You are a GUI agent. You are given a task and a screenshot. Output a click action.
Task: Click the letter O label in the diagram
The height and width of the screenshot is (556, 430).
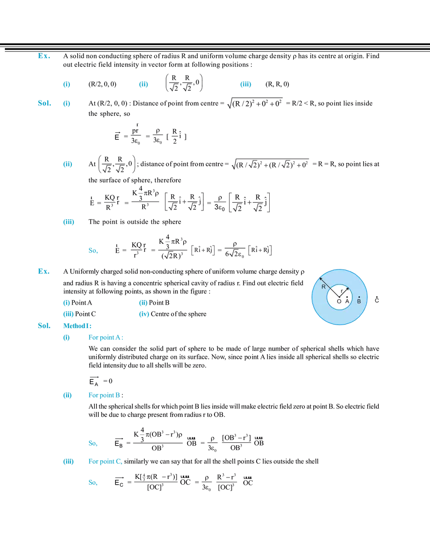[x=339, y=302]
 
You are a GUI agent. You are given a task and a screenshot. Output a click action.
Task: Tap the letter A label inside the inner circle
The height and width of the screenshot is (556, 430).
[x=347, y=302]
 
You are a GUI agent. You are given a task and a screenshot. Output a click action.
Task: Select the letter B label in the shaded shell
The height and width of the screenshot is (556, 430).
[x=359, y=302]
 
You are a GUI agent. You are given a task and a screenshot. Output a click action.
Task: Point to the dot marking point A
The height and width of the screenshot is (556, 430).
[x=347, y=296]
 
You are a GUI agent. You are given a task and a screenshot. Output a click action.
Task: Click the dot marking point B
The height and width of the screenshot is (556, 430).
[x=359, y=297]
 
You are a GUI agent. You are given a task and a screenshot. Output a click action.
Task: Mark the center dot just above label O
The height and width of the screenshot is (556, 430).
[x=339, y=297]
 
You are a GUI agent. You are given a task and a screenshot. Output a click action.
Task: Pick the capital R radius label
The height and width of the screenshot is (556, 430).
[x=323, y=287]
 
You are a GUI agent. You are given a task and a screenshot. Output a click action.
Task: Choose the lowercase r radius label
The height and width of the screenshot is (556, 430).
[x=342, y=291]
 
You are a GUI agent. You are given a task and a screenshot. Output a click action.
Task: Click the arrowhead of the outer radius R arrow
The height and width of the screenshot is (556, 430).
[x=321, y=279]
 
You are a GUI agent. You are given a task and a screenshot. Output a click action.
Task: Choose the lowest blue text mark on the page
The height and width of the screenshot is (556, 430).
[x=93, y=483]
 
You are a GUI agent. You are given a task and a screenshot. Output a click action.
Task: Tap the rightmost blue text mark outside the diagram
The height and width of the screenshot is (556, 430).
[x=246, y=84]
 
